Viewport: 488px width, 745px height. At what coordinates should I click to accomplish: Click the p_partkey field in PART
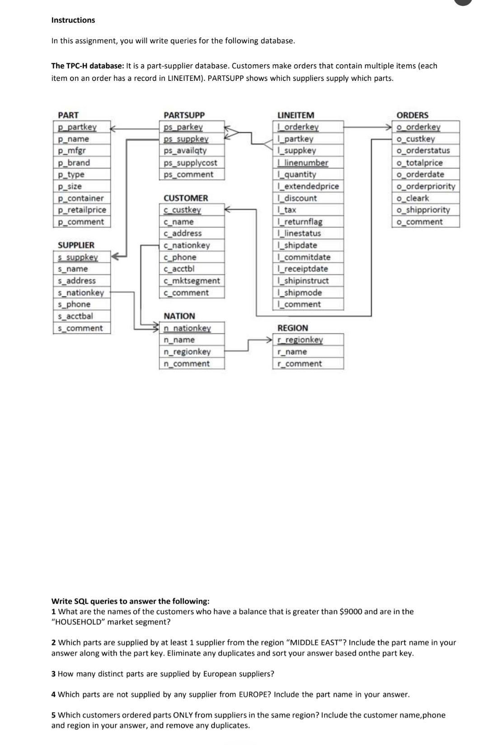click(77, 127)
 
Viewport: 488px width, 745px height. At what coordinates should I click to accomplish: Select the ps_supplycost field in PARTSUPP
click(190, 163)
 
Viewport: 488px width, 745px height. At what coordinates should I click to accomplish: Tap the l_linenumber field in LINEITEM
click(303, 163)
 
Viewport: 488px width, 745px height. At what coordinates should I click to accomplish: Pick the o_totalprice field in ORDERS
click(419, 163)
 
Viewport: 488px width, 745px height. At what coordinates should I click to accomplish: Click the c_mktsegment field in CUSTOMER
click(192, 281)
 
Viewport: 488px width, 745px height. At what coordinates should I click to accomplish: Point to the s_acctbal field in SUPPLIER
click(75, 316)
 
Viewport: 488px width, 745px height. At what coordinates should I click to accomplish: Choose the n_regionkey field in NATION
click(187, 351)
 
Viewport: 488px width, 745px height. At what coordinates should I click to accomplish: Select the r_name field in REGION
click(292, 351)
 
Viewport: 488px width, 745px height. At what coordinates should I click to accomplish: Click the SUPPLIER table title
click(76, 245)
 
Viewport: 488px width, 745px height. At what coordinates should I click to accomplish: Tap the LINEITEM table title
click(296, 115)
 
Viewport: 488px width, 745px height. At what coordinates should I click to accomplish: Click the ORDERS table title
click(412, 115)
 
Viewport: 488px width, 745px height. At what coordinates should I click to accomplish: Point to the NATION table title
click(179, 316)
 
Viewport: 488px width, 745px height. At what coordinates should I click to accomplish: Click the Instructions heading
click(73, 20)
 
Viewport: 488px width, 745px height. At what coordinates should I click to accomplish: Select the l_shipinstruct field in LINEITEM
click(303, 281)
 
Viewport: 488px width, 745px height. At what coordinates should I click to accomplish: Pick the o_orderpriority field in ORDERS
click(426, 186)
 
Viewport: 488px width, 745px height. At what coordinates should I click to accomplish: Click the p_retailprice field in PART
click(82, 210)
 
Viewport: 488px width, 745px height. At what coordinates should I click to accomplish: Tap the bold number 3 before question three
click(54, 674)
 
